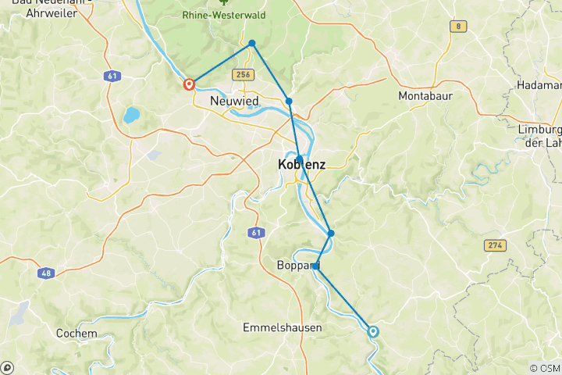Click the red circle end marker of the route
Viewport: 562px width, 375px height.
click(189, 84)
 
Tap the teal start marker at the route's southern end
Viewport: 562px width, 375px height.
click(373, 332)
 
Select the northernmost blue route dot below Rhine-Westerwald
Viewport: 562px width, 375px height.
click(252, 43)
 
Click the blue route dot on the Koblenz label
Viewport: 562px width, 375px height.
click(300, 159)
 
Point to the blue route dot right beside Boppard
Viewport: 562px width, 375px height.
click(317, 266)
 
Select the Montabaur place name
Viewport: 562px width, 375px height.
click(425, 96)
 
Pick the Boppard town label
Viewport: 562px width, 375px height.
click(297, 266)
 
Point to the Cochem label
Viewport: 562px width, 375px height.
click(76, 333)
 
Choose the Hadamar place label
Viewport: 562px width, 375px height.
click(539, 84)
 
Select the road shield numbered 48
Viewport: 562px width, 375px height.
click(47, 273)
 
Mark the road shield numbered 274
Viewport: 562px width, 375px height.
click(494, 245)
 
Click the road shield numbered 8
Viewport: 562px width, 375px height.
click(457, 27)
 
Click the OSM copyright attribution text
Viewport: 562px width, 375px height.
click(544, 368)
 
